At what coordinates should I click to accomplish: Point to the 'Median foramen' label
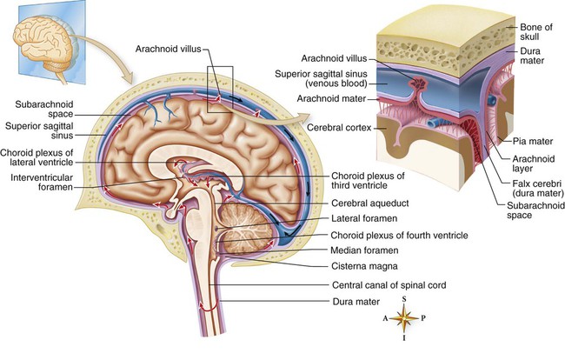(x=363, y=250)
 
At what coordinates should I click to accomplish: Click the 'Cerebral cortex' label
(x=340, y=127)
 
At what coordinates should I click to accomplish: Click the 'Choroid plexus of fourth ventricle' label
(x=402, y=234)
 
